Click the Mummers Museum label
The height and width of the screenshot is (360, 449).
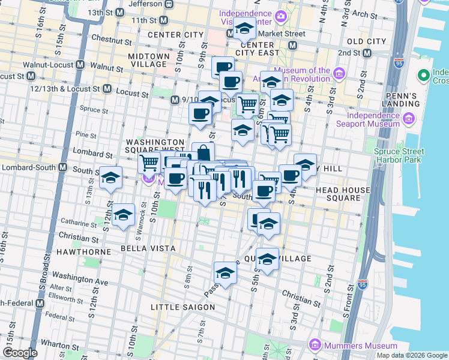click(x=361, y=346)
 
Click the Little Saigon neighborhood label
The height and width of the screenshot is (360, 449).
click(x=182, y=307)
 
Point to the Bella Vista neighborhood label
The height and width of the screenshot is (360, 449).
click(x=148, y=248)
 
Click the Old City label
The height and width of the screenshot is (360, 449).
click(x=366, y=41)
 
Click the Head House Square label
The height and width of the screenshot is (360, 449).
click(x=343, y=194)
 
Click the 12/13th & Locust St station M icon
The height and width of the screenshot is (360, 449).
click(x=107, y=88)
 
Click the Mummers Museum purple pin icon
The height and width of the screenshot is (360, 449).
click(x=315, y=346)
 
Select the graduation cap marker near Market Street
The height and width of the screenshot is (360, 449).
click(x=244, y=28)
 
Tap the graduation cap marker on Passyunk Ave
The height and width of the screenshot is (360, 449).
click(x=225, y=272)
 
